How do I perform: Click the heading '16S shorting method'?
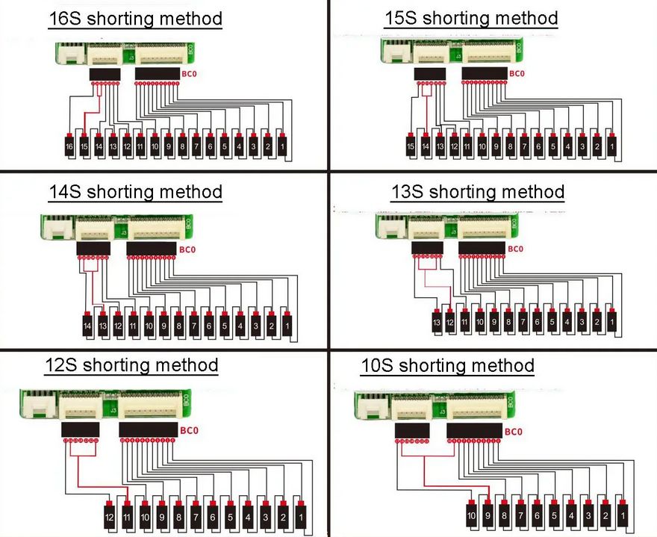pos(134,19)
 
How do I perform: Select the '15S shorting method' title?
pos(470,17)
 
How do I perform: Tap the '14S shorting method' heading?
pos(135,192)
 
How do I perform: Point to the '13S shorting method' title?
pos(477,192)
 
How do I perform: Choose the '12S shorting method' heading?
pos(131,365)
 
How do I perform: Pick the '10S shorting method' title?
pos(447,366)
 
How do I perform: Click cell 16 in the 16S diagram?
pos(69,147)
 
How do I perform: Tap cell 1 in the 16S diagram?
pos(282,147)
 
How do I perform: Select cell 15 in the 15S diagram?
pos(411,147)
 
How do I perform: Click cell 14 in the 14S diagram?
pos(87,326)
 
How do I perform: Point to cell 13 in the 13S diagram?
pos(436,322)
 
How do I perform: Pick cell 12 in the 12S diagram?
pos(109,516)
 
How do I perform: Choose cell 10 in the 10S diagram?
pos(471,516)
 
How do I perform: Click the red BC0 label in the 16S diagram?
pos(190,74)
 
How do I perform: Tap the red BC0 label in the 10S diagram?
pos(513,431)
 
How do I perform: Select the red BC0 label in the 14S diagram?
pos(187,248)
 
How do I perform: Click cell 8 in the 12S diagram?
pos(178,516)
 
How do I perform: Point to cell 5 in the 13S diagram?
pos(552,322)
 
